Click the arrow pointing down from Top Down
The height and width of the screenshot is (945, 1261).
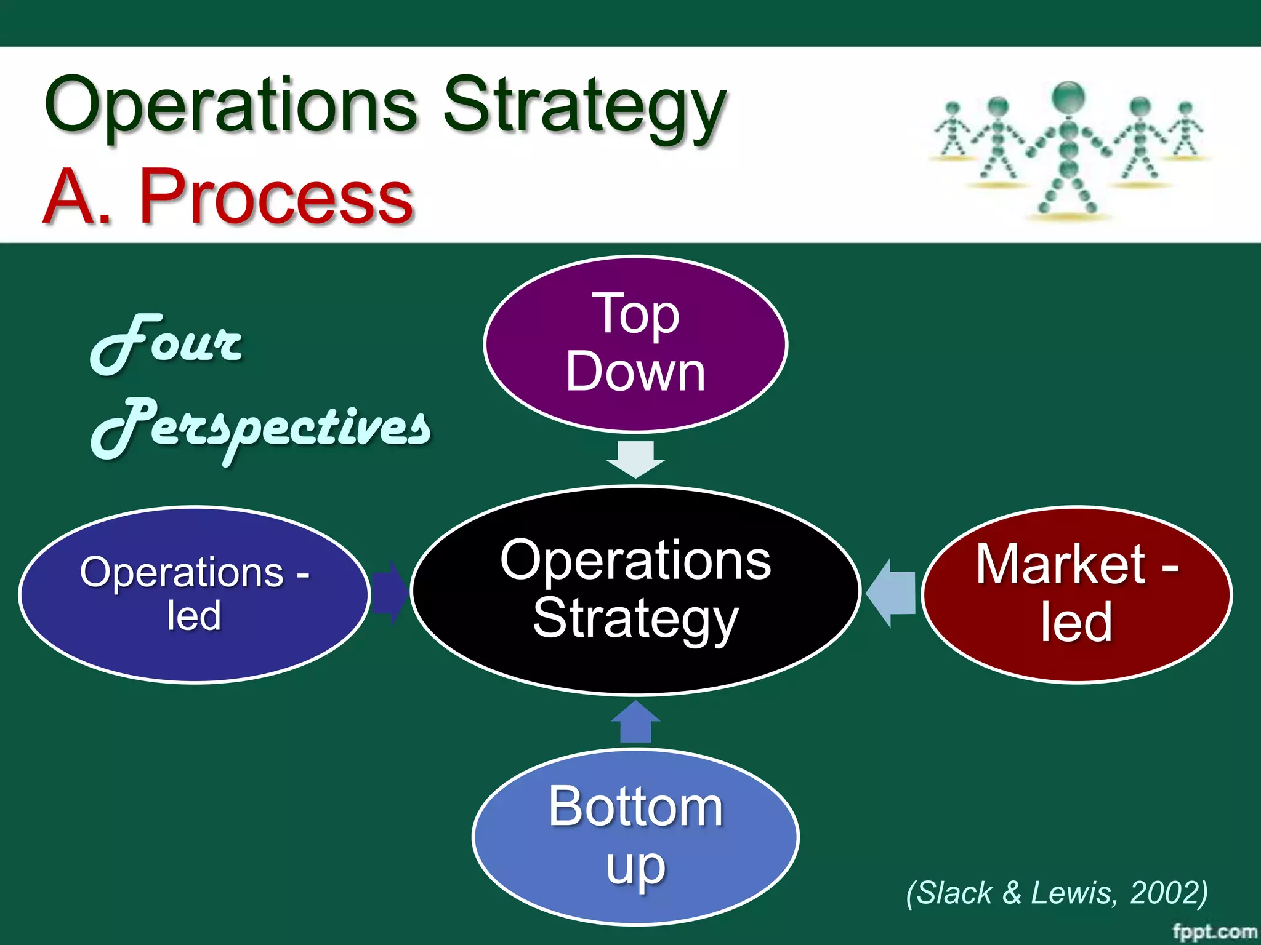(635, 459)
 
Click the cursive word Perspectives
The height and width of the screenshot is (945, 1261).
(261, 428)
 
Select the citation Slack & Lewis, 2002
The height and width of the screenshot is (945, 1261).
(1057, 892)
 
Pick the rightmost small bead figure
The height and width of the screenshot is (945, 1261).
(1185, 129)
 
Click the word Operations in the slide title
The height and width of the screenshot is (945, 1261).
(231, 105)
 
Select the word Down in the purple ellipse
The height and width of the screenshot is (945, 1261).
(635, 372)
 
